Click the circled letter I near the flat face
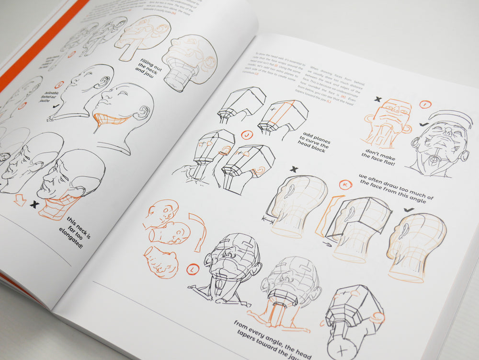point(425,105)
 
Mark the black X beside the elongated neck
point(34,204)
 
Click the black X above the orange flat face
point(378,99)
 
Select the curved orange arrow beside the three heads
point(198,230)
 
